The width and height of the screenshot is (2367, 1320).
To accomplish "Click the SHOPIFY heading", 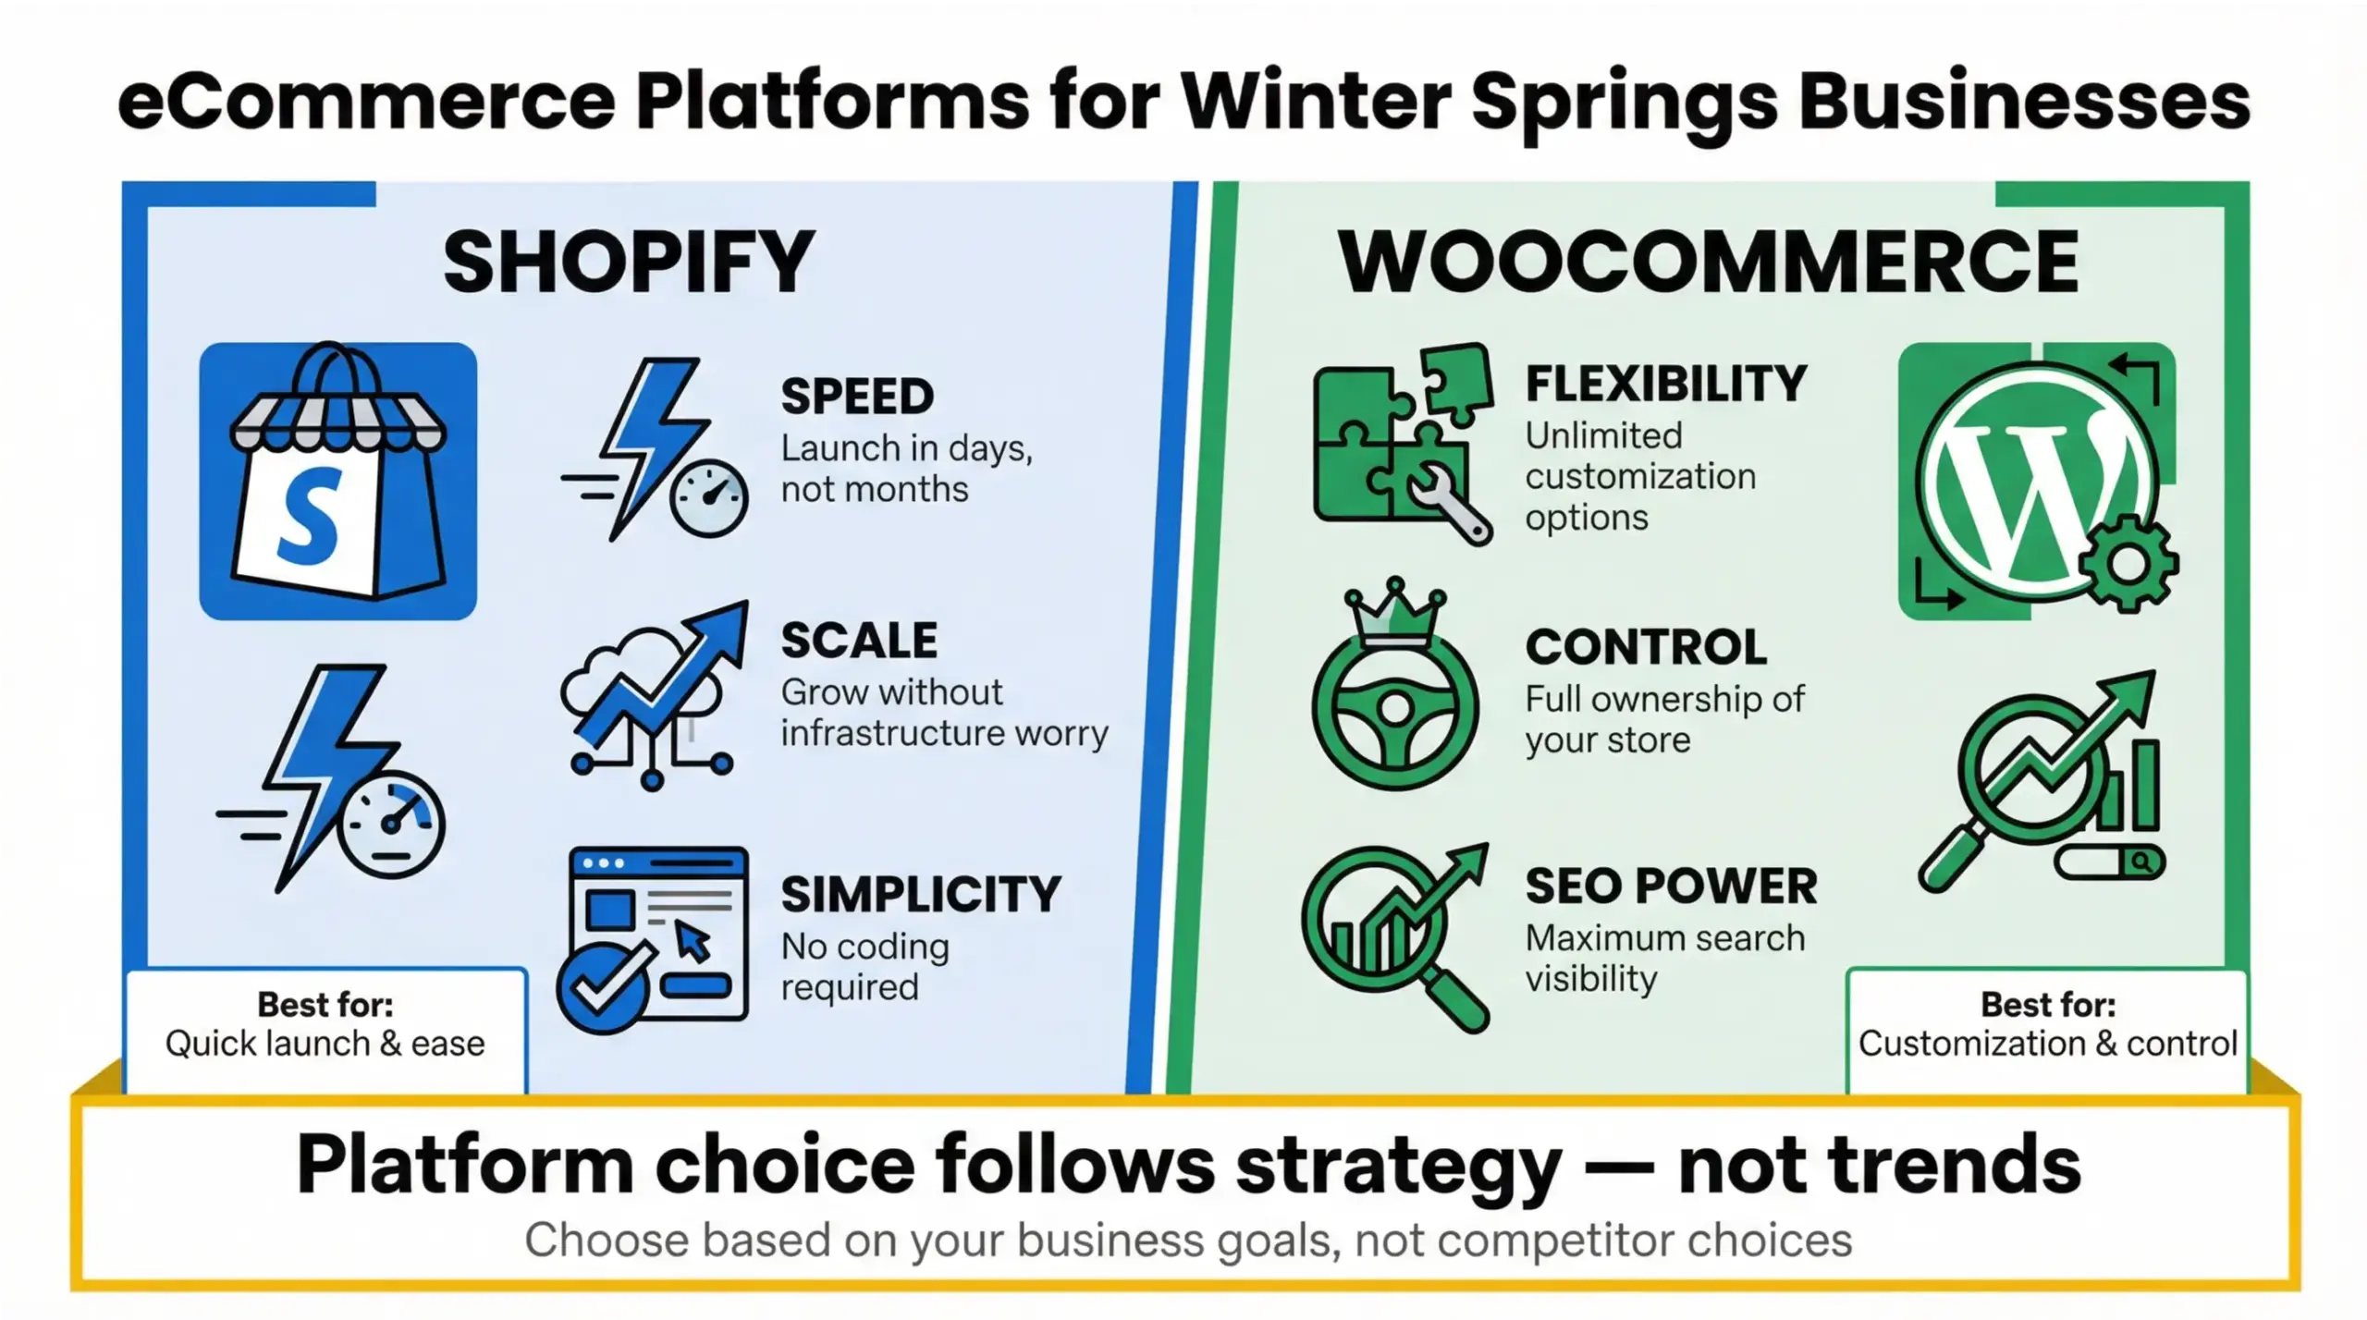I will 629,263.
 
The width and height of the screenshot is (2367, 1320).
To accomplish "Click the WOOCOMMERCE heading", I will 1709,263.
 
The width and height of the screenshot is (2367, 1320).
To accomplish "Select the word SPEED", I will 857,397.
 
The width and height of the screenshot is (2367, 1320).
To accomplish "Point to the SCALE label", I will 859,641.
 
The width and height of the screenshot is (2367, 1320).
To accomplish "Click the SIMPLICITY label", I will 920,894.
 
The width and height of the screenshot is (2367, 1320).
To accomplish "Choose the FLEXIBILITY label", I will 1665,384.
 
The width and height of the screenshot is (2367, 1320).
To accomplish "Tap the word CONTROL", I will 1646,647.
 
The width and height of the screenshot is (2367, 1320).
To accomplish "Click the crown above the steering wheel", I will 1395,614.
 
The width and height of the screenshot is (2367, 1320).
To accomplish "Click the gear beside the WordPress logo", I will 2128,563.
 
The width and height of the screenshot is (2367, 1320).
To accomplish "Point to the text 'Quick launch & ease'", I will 325,1044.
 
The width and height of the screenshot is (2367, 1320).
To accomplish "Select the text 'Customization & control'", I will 2047,1044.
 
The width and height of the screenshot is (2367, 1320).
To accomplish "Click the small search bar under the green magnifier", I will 2108,862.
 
